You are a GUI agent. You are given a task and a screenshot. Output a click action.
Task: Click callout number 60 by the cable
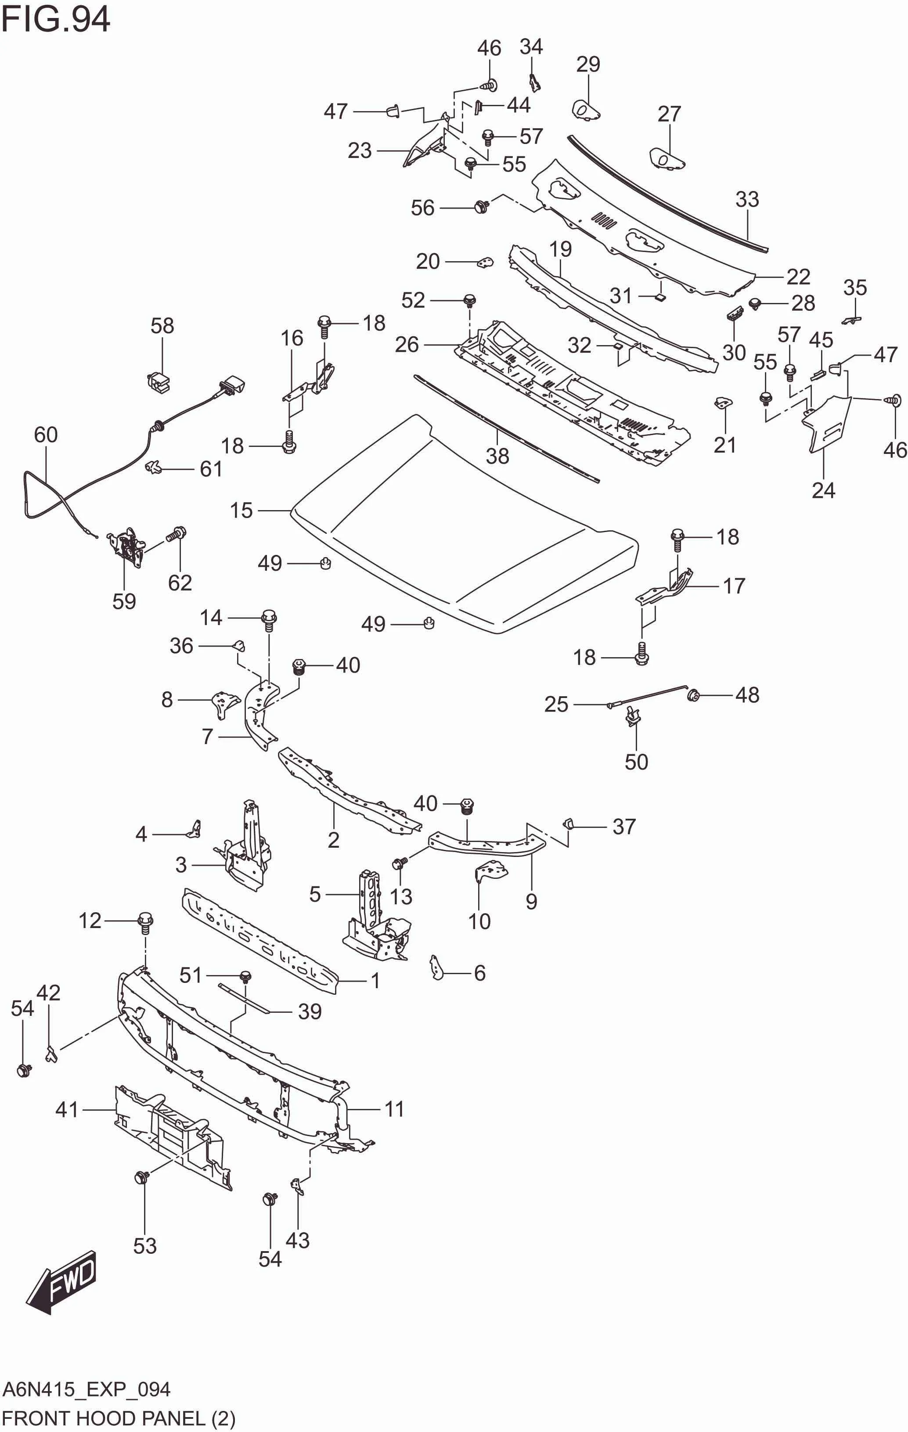pyautogui.click(x=45, y=435)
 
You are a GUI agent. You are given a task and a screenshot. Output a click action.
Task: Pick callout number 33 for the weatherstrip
pyautogui.click(x=747, y=199)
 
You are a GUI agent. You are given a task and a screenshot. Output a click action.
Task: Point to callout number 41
pyautogui.click(x=67, y=1110)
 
